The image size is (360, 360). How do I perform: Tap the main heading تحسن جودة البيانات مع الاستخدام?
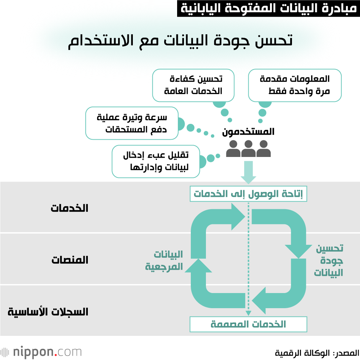click(x=180, y=40)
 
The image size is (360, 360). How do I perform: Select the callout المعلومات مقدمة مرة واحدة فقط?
click(x=294, y=85)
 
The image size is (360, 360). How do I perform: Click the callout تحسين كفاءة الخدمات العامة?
click(x=193, y=85)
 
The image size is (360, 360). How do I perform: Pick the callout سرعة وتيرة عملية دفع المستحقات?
click(x=132, y=123)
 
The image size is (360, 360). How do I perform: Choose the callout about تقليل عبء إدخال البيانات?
click(x=156, y=162)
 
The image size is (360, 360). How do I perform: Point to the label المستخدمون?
click(x=248, y=132)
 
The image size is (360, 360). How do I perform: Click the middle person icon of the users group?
click(x=248, y=149)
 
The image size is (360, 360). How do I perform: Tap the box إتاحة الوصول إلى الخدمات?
click(x=248, y=194)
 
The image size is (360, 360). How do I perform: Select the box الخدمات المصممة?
click(x=248, y=324)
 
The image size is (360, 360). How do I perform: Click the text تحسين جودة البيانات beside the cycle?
click(x=328, y=261)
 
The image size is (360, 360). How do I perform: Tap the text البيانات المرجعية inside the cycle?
click(x=164, y=260)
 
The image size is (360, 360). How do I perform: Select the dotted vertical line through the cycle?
click(x=248, y=259)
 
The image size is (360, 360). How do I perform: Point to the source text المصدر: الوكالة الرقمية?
click(x=316, y=352)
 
